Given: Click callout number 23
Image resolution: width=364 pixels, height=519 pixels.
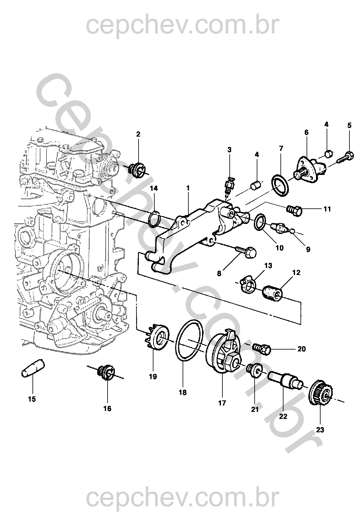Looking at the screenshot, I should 320,430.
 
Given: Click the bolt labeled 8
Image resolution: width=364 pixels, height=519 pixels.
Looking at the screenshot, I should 246,252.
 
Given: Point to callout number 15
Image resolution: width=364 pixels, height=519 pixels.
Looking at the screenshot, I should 32,399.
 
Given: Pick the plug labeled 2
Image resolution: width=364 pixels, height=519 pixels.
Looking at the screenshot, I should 137,169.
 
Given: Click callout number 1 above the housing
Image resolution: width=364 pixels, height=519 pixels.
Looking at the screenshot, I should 188,188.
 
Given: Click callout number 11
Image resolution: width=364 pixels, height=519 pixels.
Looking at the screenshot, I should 327,209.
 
